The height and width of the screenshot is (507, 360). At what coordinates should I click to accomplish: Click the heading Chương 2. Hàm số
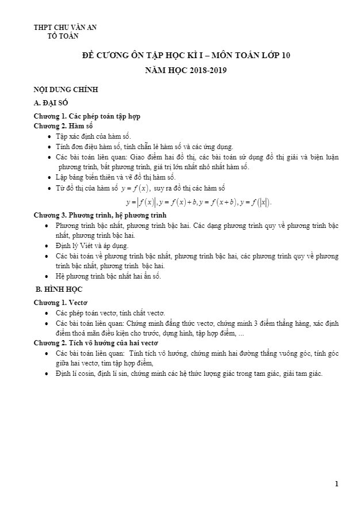63,125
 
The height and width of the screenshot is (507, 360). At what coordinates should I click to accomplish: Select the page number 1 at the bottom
336,483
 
